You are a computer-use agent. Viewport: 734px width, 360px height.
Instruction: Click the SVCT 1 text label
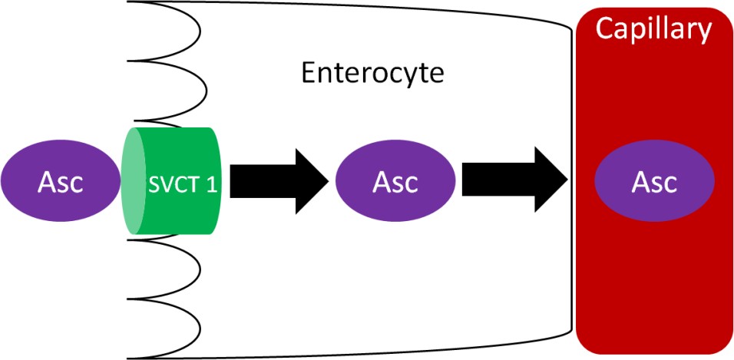[x=180, y=185]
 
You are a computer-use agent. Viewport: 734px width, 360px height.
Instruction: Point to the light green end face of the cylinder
[x=134, y=181]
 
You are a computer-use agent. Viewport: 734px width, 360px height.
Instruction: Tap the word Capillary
[x=654, y=30]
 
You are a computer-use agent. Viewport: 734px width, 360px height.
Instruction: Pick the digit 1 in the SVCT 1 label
[x=209, y=185]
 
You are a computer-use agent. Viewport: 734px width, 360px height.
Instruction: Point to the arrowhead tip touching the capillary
[x=567, y=181]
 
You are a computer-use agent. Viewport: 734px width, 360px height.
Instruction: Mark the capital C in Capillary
[x=606, y=29]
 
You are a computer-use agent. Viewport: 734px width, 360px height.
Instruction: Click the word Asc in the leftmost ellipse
[x=61, y=182]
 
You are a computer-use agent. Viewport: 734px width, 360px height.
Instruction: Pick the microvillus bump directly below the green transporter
[x=165, y=261]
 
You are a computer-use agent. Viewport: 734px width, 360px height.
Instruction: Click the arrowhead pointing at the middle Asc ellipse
[x=315, y=181]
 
